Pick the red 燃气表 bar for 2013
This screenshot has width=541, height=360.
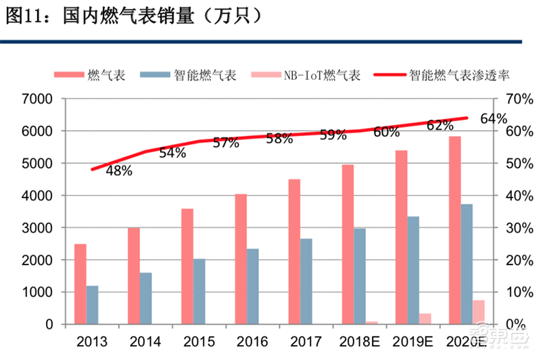tap(80, 284)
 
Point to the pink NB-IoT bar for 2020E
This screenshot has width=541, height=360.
tap(479, 312)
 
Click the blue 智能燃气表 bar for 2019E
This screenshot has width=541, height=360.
tap(413, 270)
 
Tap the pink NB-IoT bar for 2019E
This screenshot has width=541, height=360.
tap(425, 319)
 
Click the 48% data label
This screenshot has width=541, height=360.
tap(118, 171)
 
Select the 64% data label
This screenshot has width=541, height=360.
tap(494, 119)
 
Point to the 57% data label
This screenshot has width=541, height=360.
tap(226, 143)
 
